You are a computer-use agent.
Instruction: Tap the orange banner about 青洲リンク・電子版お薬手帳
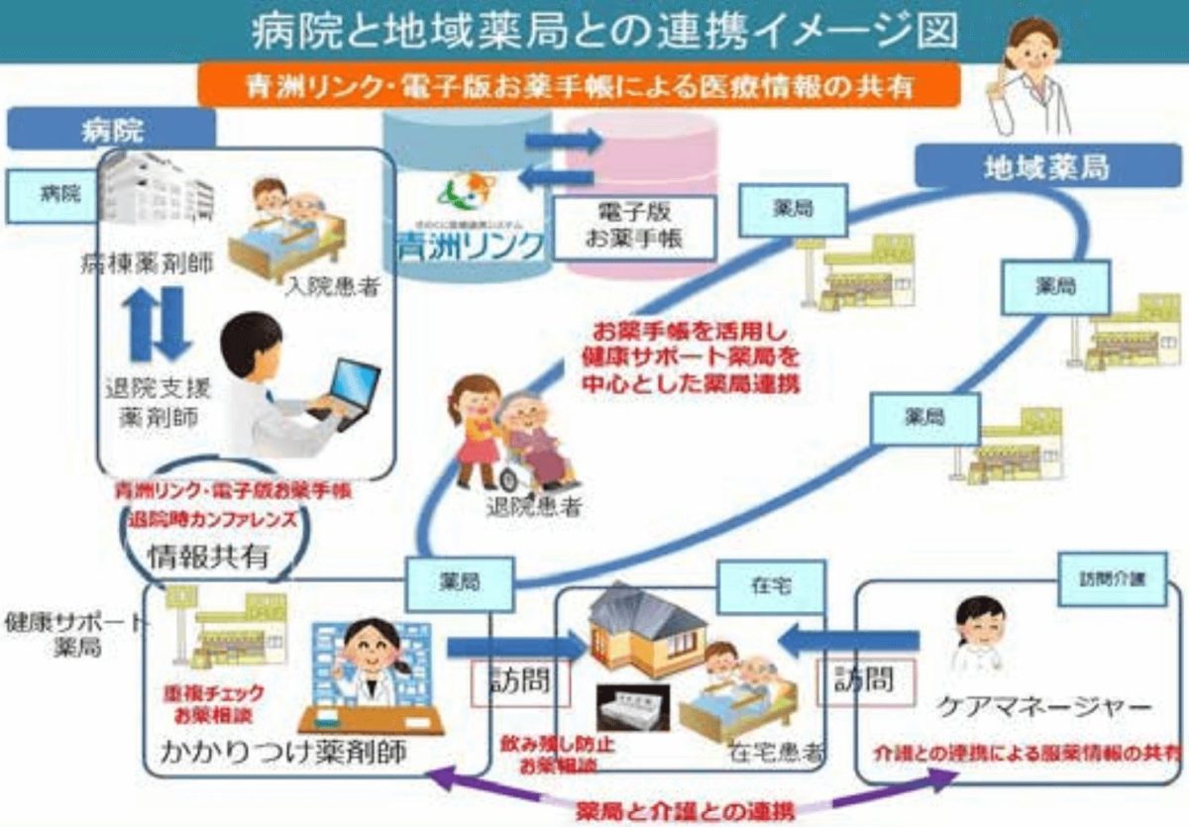click(580, 85)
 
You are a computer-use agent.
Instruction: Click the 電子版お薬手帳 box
click(633, 227)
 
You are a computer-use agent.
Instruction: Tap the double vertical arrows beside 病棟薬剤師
click(158, 323)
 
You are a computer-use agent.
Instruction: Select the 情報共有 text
click(208, 556)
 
